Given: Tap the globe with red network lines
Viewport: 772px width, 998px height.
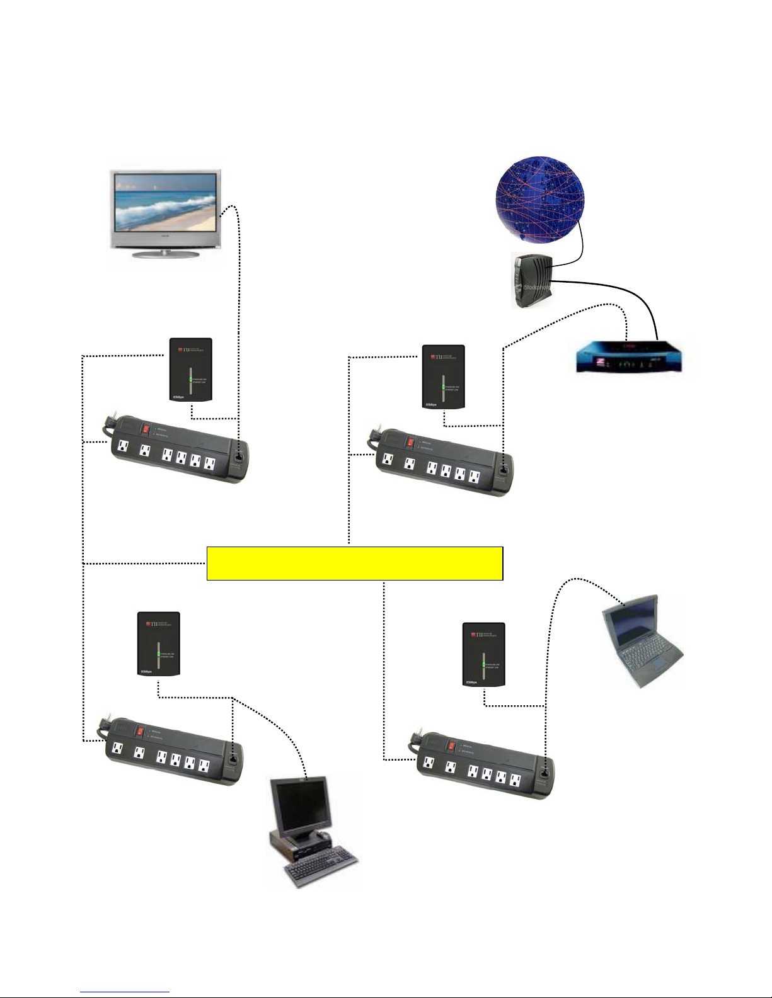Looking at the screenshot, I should pyautogui.click(x=539, y=198).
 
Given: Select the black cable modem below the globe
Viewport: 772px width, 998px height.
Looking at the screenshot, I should pyautogui.click(x=531, y=281).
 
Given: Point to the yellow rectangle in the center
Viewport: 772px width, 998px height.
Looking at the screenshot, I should pyautogui.click(x=354, y=563).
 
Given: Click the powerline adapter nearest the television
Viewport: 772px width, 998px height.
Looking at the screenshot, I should pyautogui.click(x=191, y=370).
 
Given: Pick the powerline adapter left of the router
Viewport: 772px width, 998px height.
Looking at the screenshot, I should pyautogui.click(x=443, y=377).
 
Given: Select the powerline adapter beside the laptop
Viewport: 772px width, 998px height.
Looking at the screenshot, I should pyautogui.click(x=483, y=654).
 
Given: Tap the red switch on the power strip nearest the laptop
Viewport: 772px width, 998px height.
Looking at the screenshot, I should pyautogui.click(x=451, y=746).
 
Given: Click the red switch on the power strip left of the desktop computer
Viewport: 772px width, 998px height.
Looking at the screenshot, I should pyautogui.click(x=141, y=732).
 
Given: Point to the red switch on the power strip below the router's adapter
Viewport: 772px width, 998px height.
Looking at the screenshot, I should pyautogui.click(x=410, y=443).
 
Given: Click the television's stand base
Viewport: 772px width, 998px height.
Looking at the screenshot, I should pyautogui.click(x=166, y=254).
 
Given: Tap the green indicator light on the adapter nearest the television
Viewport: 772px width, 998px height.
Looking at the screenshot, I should pyautogui.click(x=190, y=380).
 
